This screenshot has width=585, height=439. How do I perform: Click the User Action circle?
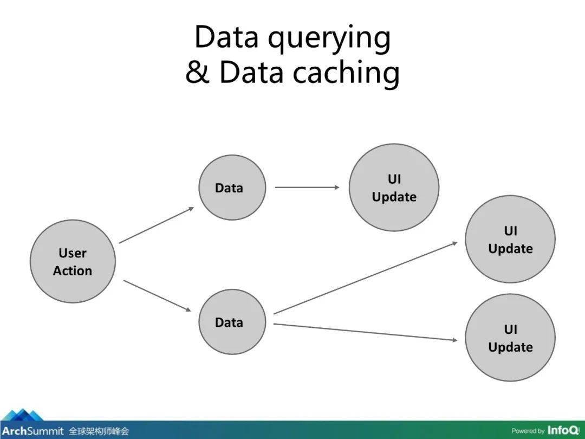point(73,261)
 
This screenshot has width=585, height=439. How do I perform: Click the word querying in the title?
point(329,38)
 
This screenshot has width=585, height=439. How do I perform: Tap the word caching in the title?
point(346,72)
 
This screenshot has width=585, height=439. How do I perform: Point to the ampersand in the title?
point(198,72)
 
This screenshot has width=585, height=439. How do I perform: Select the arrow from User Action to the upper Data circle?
point(157,225)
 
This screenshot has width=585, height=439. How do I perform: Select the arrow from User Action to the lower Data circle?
point(157,296)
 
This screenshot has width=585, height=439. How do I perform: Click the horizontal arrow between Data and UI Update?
point(307,188)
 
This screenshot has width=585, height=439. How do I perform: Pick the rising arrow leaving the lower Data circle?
point(365,278)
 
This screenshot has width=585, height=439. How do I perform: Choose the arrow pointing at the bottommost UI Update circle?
point(365,332)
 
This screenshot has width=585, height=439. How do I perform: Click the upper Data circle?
point(232,188)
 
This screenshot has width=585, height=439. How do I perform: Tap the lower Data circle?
point(232,322)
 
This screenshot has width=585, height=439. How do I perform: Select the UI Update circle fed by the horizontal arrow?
point(394,188)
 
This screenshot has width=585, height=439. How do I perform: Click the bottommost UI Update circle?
point(510,338)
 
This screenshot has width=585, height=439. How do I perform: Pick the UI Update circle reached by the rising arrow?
point(510,240)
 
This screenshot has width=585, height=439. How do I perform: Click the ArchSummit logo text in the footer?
point(33,431)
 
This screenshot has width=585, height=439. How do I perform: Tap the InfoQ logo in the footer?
point(563,430)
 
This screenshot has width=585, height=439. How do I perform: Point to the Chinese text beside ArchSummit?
point(99,431)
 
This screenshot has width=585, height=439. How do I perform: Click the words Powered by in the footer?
point(528,431)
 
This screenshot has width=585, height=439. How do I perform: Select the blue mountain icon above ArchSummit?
point(22,415)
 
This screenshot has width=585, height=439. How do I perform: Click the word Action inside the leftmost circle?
point(73,270)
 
